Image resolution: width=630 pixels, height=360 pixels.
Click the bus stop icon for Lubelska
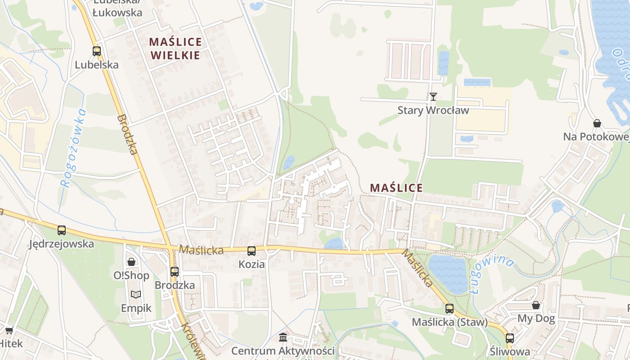click(x=97, y=51)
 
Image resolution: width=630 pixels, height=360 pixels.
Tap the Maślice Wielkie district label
click(x=175, y=49)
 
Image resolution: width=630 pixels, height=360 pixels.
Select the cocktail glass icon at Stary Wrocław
click(x=433, y=96)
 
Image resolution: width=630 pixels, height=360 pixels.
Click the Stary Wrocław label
click(x=433, y=110)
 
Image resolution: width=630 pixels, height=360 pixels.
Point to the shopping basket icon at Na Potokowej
click(x=597, y=123)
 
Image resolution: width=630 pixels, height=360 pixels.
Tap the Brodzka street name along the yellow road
click(x=127, y=135)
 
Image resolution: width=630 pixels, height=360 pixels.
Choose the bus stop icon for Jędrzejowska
click(x=62, y=230)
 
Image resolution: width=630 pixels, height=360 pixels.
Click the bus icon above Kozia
click(x=252, y=251)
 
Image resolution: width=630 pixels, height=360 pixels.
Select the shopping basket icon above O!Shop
click(x=131, y=261)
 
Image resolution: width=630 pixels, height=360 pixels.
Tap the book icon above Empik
click(x=136, y=295)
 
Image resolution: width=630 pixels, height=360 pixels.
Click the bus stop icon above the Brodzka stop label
click(x=175, y=272)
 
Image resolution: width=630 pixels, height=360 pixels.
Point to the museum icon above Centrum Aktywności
click(x=283, y=337)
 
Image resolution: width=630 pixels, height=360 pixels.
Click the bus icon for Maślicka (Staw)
click(x=450, y=309)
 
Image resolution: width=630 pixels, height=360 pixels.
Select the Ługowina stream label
click(x=491, y=274)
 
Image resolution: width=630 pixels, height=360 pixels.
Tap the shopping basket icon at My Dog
click(x=536, y=305)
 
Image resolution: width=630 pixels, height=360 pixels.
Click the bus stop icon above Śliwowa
click(x=510, y=338)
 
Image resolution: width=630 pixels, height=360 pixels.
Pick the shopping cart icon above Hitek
click(x=9, y=330)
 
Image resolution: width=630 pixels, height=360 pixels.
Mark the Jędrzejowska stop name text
click(x=62, y=244)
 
